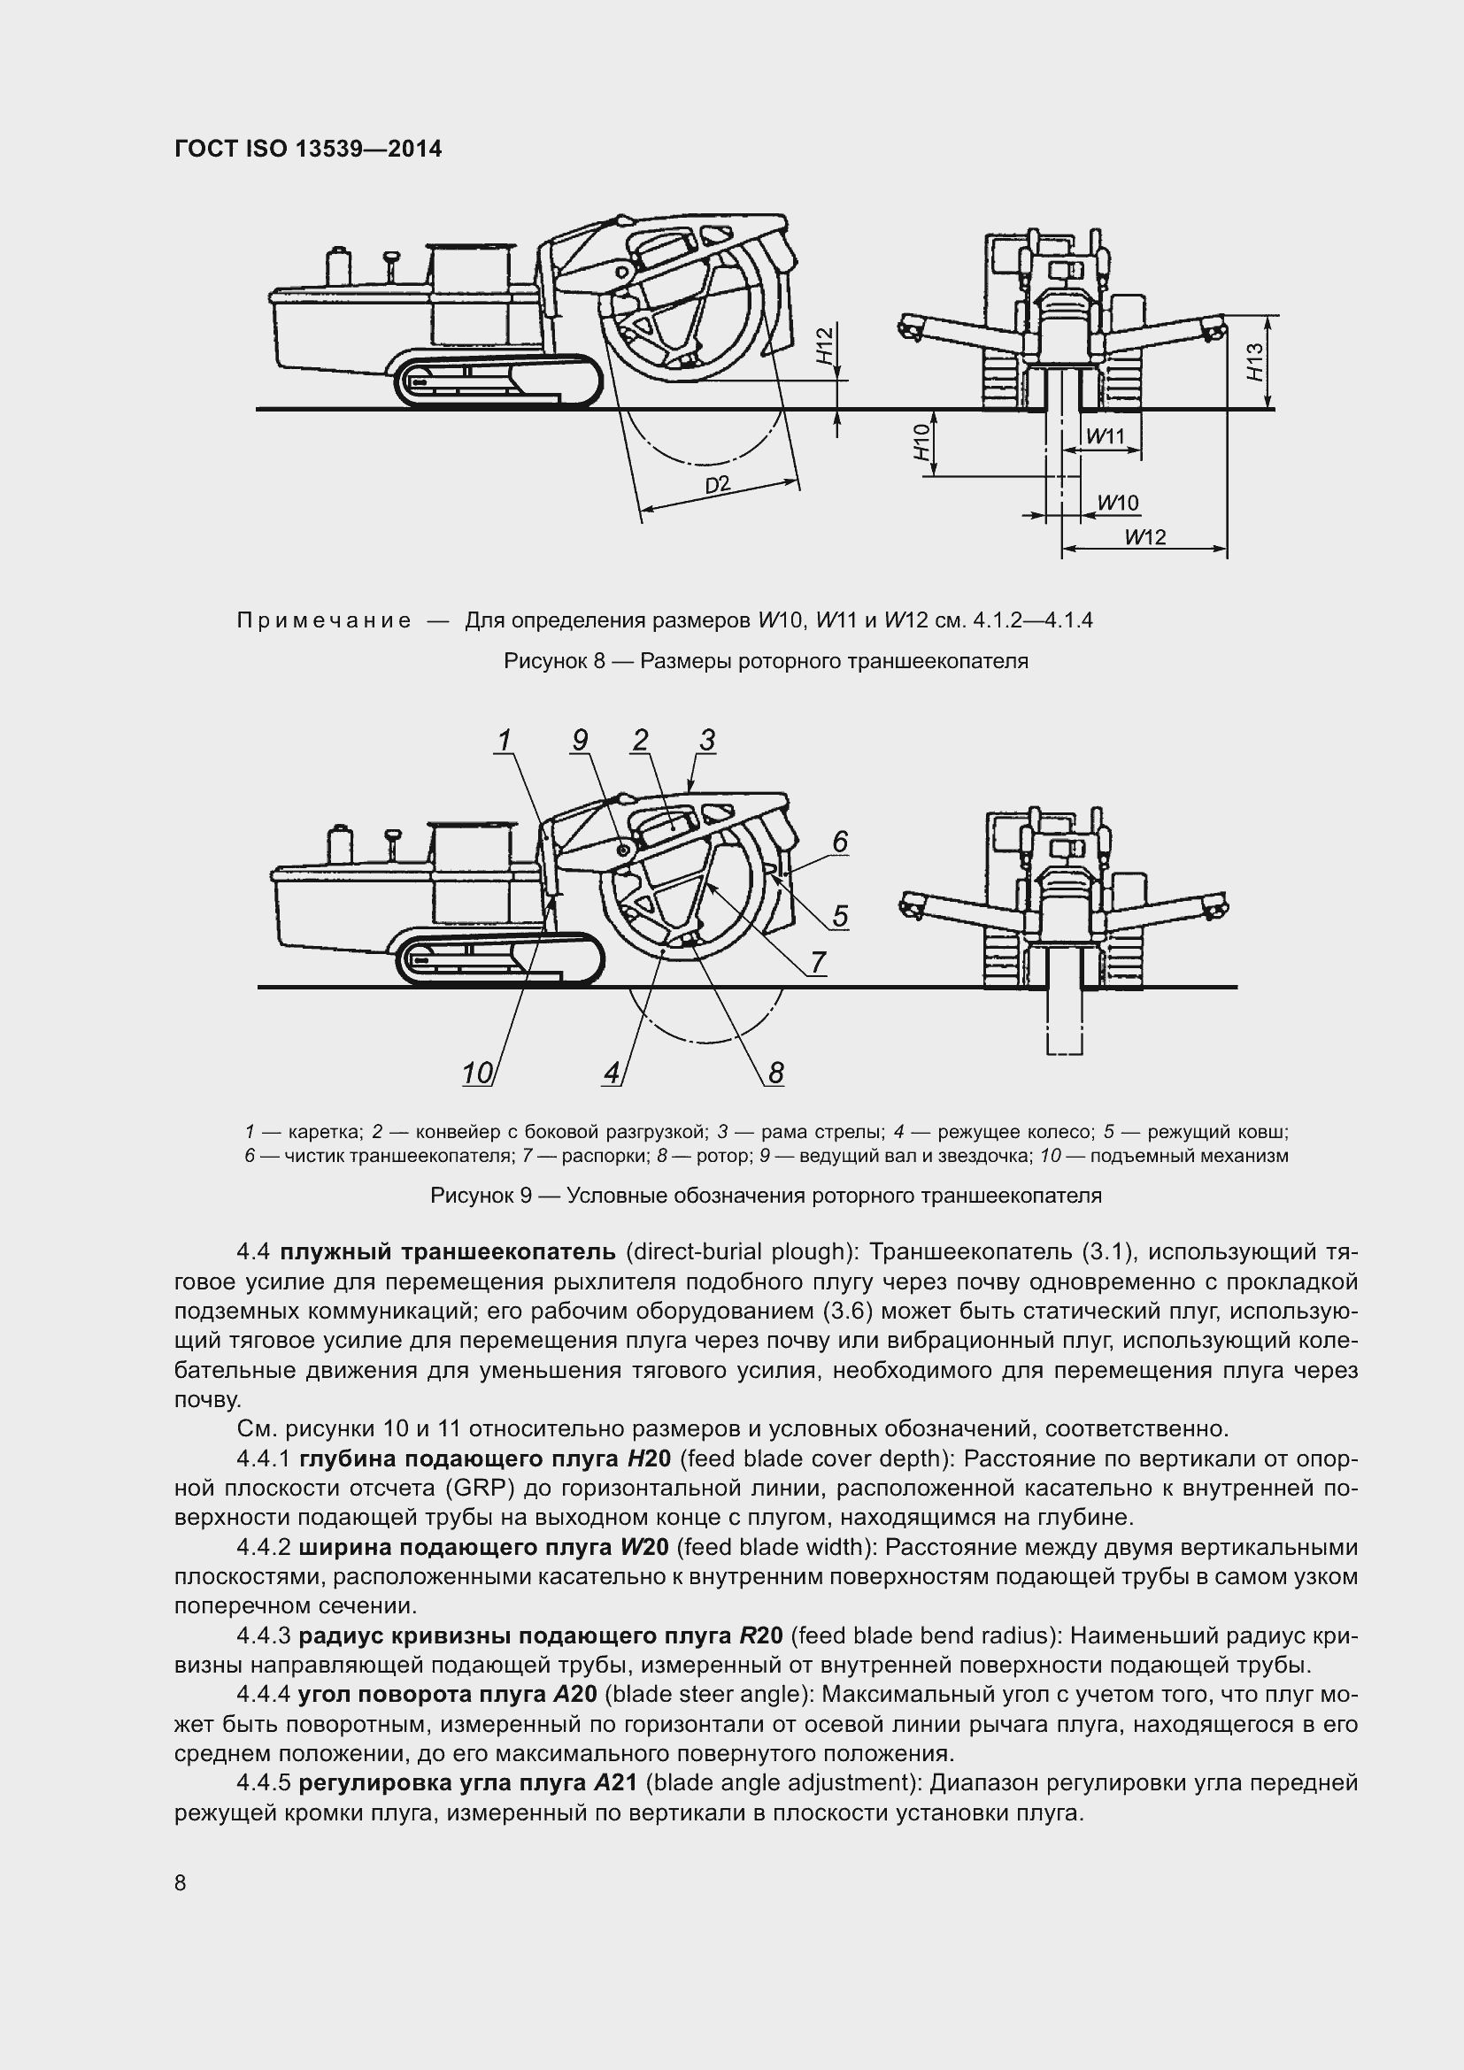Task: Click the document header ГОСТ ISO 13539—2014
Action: [x=307, y=149]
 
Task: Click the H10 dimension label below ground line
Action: [x=921, y=443]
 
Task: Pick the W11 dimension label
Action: [x=1106, y=437]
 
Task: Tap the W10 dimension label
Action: [x=1118, y=503]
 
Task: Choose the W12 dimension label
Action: [x=1144, y=537]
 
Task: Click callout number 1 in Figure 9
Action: [x=504, y=740]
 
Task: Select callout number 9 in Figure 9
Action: [x=580, y=740]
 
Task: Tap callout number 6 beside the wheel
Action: [x=839, y=842]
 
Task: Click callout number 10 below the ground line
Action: [x=477, y=1073]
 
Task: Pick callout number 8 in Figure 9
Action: [x=775, y=1073]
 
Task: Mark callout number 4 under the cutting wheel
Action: [x=613, y=1073]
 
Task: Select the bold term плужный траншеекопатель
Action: [x=447, y=1252]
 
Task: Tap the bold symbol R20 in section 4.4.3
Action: [x=761, y=1635]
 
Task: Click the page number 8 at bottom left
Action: [x=181, y=1882]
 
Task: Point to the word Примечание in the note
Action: [x=324, y=620]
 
